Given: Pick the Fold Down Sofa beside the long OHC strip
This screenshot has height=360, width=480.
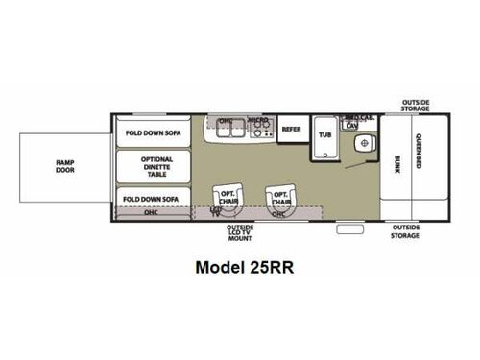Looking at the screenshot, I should pos(152,199).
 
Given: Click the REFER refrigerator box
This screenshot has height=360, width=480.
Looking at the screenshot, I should pos(292,128).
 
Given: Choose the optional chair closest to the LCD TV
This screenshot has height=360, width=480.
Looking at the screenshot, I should pos(227,195).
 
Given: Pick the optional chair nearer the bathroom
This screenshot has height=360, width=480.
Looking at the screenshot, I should pos(281,195).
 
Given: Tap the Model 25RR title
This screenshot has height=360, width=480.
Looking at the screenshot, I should pos(241,269).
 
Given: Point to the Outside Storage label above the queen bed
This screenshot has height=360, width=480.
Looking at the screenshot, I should pos(416,106).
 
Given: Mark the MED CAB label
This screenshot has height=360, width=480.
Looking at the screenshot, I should pos(352,118).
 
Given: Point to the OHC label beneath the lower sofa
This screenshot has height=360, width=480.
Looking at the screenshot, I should pos(152,212).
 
